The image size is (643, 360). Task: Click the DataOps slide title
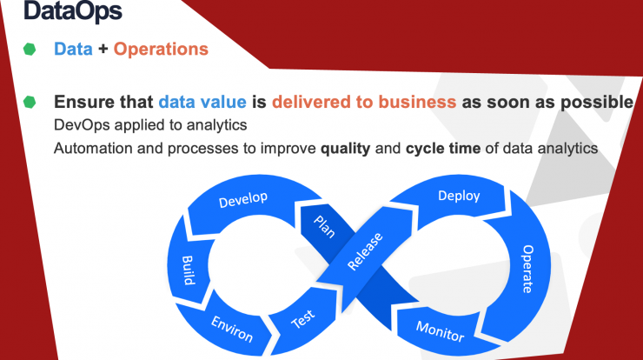(x=73, y=10)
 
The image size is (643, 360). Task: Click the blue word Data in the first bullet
(x=73, y=49)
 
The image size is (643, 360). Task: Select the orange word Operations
(x=161, y=49)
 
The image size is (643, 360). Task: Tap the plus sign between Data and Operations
(x=103, y=50)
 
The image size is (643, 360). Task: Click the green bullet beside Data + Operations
(x=30, y=50)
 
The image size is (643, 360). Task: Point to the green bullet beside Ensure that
(x=30, y=102)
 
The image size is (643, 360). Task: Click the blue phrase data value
(x=202, y=102)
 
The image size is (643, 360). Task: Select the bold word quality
(x=345, y=148)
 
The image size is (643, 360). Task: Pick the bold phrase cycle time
(x=443, y=148)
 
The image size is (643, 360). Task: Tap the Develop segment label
(x=243, y=199)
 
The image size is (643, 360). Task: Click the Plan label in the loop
(x=324, y=227)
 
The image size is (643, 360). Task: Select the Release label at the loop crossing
(x=365, y=251)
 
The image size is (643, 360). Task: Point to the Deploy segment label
(x=459, y=196)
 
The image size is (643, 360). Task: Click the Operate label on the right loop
(x=527, y=270)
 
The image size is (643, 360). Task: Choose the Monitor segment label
(x=440, y=331)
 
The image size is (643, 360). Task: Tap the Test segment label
(x=303, y=319)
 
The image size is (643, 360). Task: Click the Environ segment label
(x=232, y=329)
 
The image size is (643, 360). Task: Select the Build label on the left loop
(x=188, y=270)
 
